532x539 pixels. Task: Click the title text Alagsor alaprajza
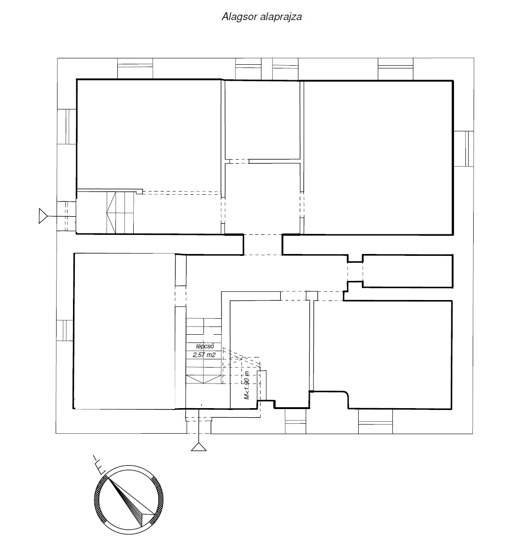point(262,17)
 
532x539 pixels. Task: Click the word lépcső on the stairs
point(205,346)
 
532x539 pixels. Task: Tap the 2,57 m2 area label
point(204,355)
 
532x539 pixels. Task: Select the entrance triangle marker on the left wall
point(42,216)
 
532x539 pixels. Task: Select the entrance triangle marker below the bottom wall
point(199,447)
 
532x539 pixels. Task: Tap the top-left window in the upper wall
point(135,69)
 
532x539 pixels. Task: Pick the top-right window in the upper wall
point(395,69)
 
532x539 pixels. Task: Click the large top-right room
point(378,158)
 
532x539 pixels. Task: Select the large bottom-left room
point(125,331)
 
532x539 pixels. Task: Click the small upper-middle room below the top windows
point(262,120)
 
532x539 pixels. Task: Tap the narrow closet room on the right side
point(407,271)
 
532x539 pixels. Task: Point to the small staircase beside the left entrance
point(120,213)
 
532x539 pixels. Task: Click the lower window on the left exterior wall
point(65,331)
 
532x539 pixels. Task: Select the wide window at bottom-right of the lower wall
point(375,421)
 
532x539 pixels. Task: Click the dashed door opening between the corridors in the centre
point(263,245)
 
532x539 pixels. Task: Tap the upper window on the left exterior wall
point(67,126)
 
